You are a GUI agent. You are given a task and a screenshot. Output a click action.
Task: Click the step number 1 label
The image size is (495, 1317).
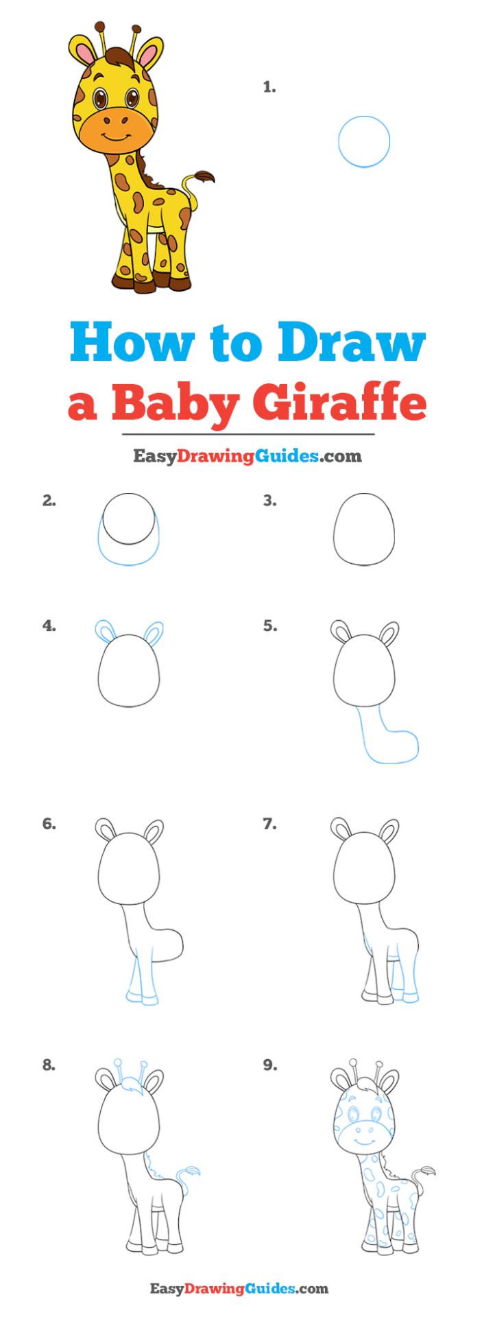coord(269,87)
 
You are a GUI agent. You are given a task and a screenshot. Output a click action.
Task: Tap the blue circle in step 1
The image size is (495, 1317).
coord(364,141)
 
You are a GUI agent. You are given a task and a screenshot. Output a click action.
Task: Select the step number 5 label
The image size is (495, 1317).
coord(269,626)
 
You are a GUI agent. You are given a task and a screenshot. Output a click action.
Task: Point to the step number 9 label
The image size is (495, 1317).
coord(269,1065)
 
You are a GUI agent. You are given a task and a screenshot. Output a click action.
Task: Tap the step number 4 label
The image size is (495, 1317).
coord(49,626)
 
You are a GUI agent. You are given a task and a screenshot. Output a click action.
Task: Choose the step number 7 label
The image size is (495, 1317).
coord(269,824)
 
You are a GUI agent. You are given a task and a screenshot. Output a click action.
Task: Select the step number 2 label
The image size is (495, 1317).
coord(49,501)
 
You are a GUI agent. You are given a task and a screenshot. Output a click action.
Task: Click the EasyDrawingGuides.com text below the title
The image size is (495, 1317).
coord(247,455)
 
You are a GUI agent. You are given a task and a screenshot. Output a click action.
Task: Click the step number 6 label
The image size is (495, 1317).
coord(49,824)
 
